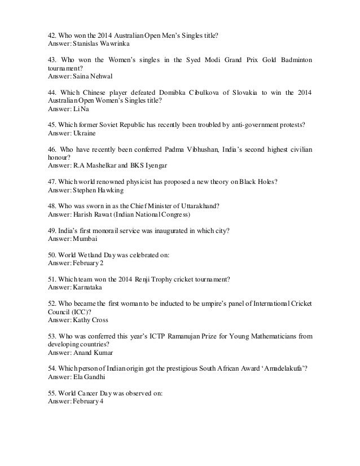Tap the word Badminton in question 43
click(293, 60)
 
